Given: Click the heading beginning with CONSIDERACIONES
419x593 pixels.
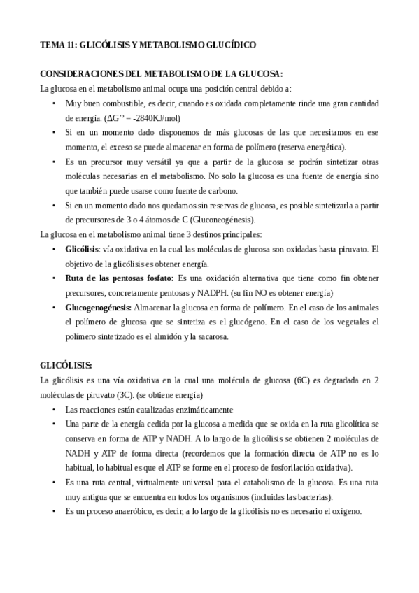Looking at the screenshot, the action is (x=162, y=73).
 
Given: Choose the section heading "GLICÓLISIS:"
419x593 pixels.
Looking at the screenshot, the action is (x=66, y=366).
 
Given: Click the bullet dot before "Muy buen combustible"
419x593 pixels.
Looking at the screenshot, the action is (x=55, y=103).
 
